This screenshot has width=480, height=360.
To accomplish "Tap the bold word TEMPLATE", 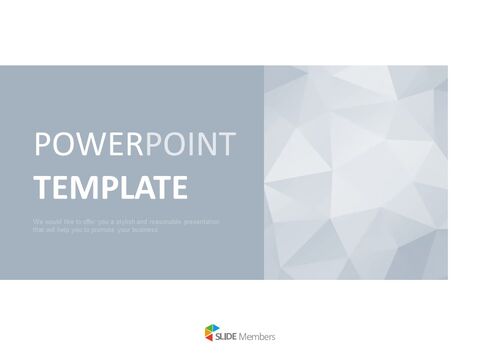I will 110,187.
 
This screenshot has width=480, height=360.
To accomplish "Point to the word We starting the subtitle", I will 37,219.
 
